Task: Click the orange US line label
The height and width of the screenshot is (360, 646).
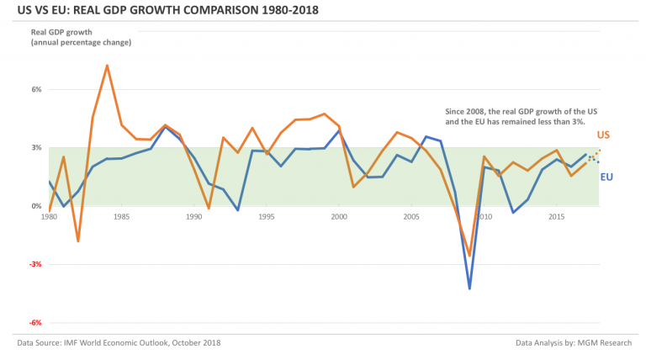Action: pyautogui.click(x=603, y=135)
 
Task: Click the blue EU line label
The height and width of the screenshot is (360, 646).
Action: pyautogui.click(x=606, y=177)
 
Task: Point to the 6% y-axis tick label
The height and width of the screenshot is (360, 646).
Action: pyautogui.click(x=36, y=89)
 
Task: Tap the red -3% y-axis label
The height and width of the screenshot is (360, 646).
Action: pyautogui.click(x=35, y=264)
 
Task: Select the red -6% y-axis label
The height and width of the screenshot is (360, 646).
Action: pyautogui.click(x=35, y=323)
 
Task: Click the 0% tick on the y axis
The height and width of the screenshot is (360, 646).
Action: pyautogui.click(x=36, y=206)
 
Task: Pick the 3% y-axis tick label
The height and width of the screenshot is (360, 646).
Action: pyautogui.click(x=36, y=148)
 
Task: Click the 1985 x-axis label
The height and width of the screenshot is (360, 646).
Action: pyautogui.click(x=121, y=217)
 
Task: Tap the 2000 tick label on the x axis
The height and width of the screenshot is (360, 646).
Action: pyautogui.click(x=339, y=217)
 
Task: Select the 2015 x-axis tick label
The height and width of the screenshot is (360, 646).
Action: pyautogui.click(x=557, y=217)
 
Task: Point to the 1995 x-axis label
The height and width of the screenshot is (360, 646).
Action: pyautogui.click(x=267, y=217)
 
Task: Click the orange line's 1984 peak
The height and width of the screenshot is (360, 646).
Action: pyautogui.click(x=107, y=66)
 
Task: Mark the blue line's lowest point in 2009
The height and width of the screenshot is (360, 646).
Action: pyautogui.click(x=469, y=289)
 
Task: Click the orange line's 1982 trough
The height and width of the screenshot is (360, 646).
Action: pyautogui.click(x=78, y=241)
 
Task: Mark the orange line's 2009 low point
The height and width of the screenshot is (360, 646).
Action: pyautogui.click(x=469, y=256)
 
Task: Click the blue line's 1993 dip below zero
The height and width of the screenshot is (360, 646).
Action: pyautogui.click(x=238, y=210)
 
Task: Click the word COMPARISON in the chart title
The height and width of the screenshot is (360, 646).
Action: pyautogui.click(x=221, y=10)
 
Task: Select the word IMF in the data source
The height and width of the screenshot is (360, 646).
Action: pyautogui.click(x=70, y=342)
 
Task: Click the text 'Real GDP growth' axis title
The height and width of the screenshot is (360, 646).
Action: pyautogui.click(x=61, y=32)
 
